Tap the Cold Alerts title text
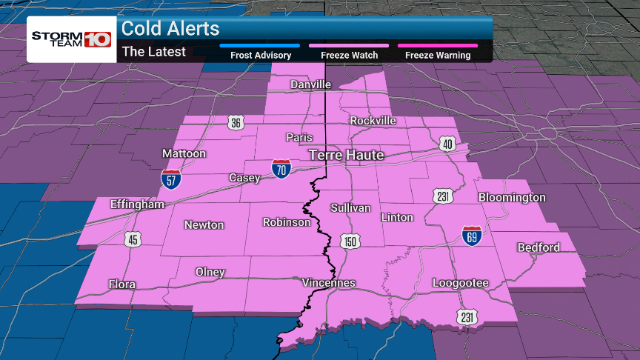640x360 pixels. (170, 29)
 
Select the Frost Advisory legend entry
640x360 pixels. (259, 55)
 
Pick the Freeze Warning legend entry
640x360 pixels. (438, 55)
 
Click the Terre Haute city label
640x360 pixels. (346, 155)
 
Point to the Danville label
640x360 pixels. (310, 84)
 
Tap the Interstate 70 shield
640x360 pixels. (281, 167)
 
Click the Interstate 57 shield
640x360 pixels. (170, 179)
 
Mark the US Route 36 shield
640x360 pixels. (236, 123)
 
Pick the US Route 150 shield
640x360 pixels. (350, 241)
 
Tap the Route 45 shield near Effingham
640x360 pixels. (133, 239)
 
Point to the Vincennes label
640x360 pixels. (329, 283)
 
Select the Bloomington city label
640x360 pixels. (512, 198)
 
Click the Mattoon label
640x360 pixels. (184, 154)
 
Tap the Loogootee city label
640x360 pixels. (461, 283)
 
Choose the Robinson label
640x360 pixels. (287, 222)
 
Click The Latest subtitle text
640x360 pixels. (154, 52)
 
